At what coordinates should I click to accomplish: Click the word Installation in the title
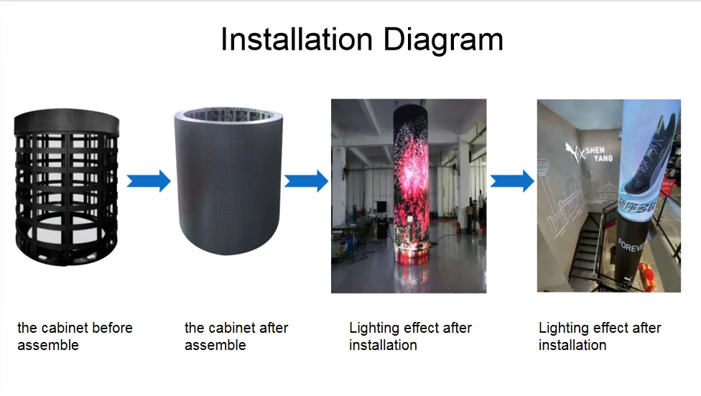point(297,40)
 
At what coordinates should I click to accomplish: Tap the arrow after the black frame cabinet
point(149,181)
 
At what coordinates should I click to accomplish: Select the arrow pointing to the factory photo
point(306,181)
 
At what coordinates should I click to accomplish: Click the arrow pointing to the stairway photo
point(512,181)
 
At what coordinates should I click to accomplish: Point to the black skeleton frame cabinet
point(67,187)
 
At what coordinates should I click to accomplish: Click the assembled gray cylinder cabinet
point(228,181)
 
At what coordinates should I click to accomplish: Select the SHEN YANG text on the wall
point(598,154)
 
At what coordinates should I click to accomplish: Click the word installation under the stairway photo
point(572,346)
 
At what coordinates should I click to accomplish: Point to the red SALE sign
point(667,185)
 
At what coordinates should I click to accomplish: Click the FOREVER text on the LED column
point(631,245)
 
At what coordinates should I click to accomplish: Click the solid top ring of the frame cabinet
point(67,121)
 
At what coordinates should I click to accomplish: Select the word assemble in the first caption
point(48,346)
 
